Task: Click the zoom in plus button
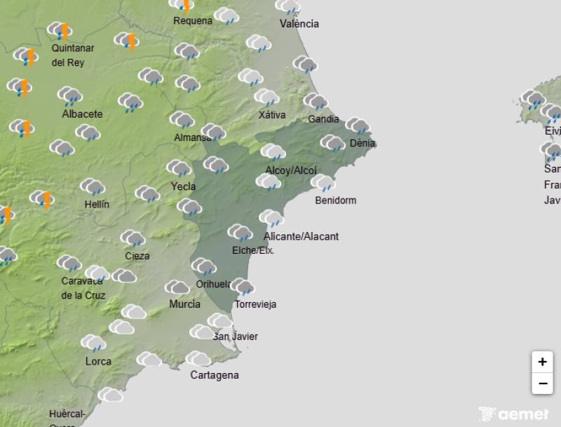coord(542,362)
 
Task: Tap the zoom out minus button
coord(542,384)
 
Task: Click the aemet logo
coord(514,414)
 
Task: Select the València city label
coord(299,24)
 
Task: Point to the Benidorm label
coord(336,201)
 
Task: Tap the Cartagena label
coord(215,375)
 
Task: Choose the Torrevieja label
coord(255,304)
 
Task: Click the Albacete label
coord(82,114)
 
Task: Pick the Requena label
coord(193,21)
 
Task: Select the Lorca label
coord(98,362)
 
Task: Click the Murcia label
coord(184,304)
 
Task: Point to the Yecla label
coord(184,187)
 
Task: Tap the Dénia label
coord(363,143)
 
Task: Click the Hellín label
coord(96,204)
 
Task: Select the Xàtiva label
coord(272,115)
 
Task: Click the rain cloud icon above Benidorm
coord(323,183)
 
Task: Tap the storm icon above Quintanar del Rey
coord(60,31)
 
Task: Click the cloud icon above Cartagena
coord(198,359)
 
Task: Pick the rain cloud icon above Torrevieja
coord(242,286)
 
